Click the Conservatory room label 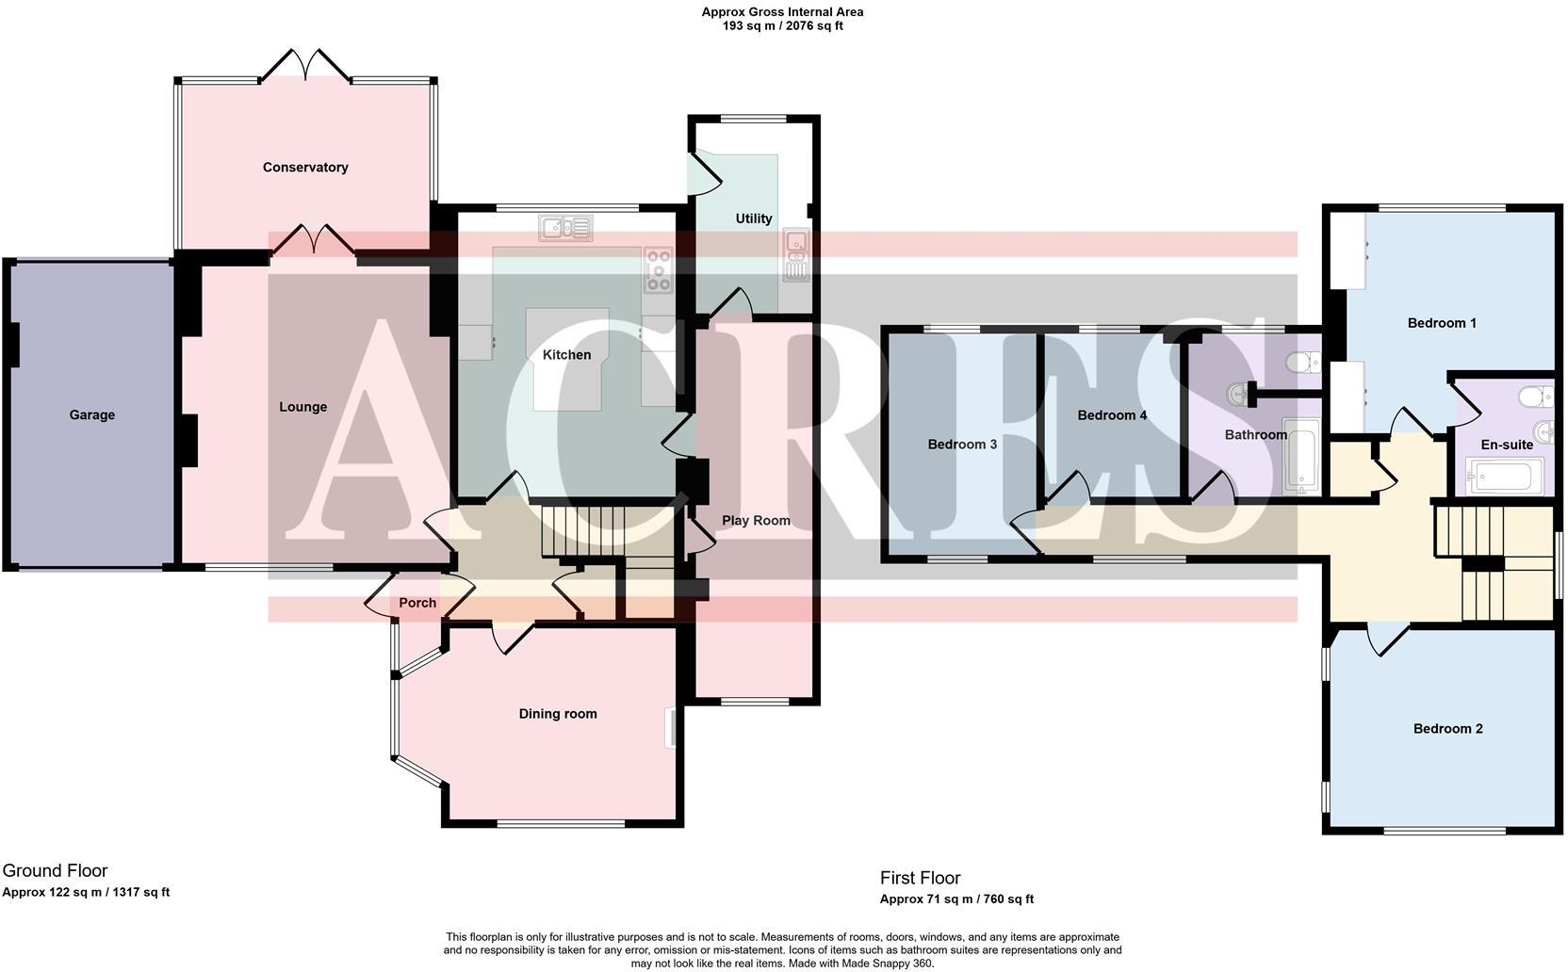[305, 168]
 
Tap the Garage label [91, 414]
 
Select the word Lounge [302, 407]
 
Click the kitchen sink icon [565, 228]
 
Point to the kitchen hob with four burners [658, 269]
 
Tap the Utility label [753, 219]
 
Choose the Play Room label [756, 521]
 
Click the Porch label [417, 603]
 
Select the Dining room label [558, 714]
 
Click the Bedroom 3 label [962, 445]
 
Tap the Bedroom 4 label [1112, 415]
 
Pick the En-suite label [1507, 445]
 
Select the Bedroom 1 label [1442, 323]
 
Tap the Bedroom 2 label [1447, 729]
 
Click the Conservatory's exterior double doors [305, 66]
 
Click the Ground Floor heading [55, 871]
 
